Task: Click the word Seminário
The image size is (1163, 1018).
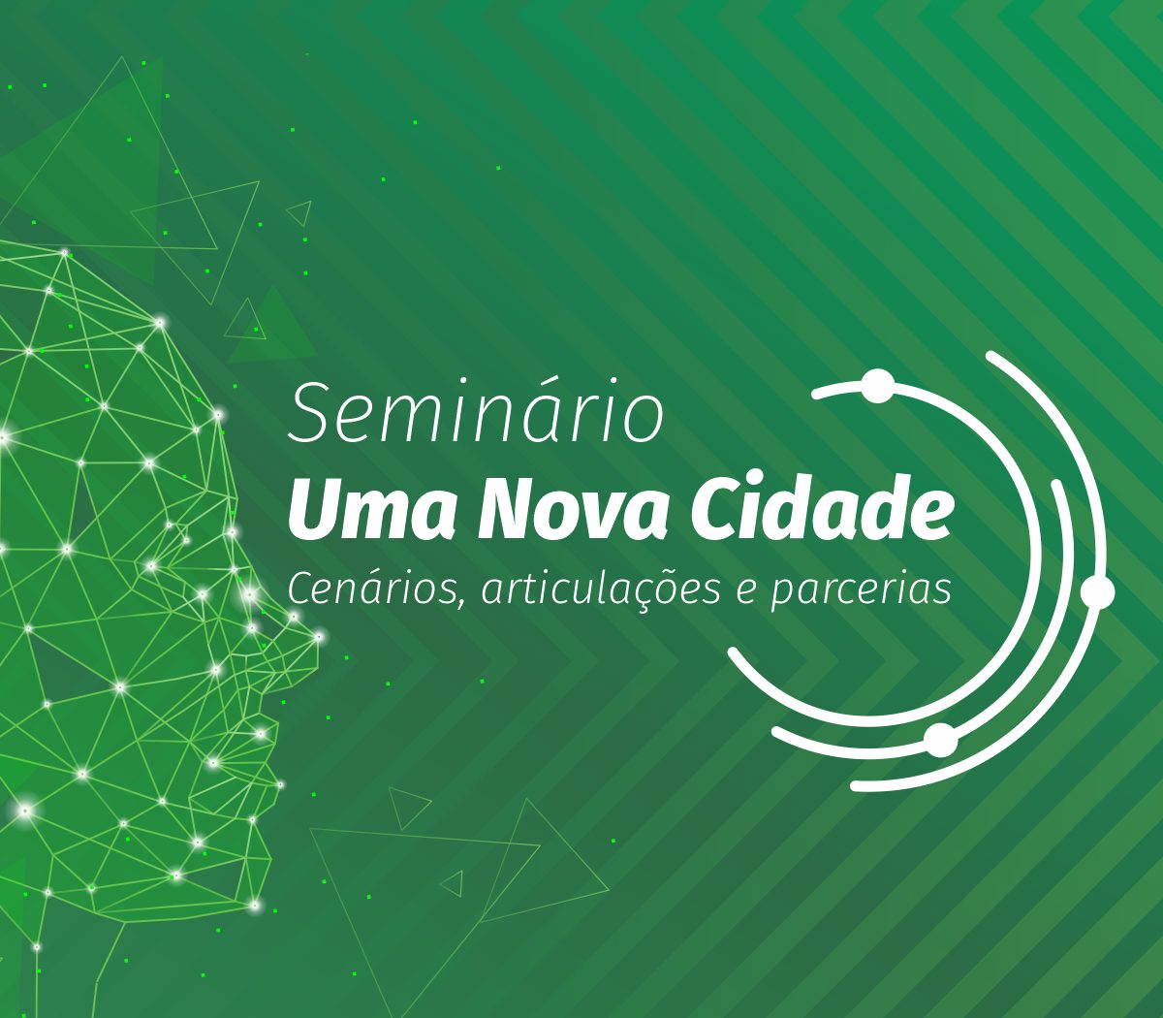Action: tap(476, 411)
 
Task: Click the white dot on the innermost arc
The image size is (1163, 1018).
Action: tap(878, 387)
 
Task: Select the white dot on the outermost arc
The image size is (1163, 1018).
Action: tap(1098, 592)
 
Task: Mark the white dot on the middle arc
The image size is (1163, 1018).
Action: tap(941, 741)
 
